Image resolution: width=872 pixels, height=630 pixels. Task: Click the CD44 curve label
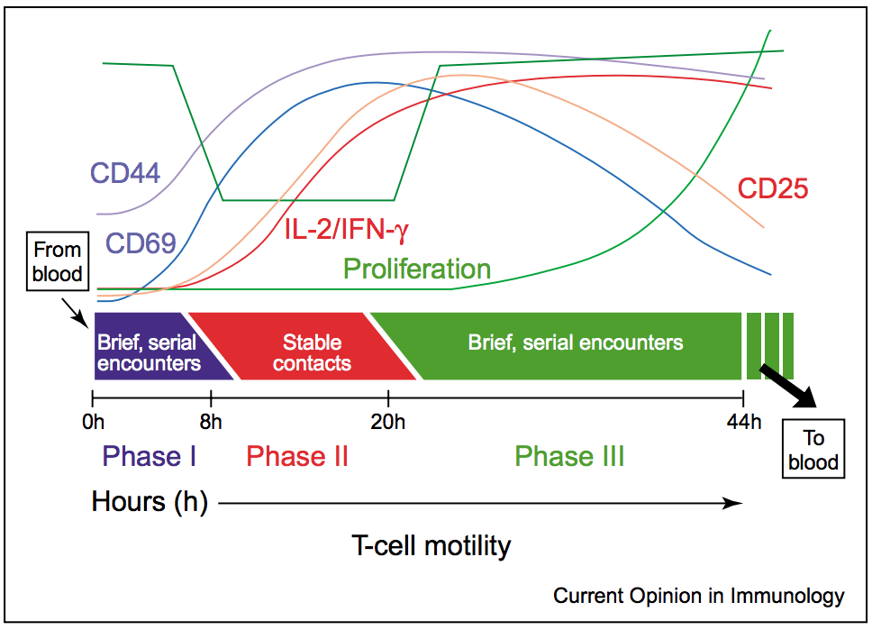(x=125, y=173)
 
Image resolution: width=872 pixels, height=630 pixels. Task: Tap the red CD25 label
(x=772, y=189)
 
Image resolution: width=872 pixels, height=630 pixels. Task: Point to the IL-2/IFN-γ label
(x=341, y=230)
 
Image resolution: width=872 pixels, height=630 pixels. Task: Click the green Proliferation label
(x=417, y=269)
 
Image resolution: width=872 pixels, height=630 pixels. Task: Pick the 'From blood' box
(x=58, y=261)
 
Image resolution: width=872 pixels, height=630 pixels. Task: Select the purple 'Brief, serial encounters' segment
(x=148, y=352)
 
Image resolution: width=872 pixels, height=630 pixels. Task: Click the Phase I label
(x=150, y=456)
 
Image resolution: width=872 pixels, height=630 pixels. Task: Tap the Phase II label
(x=297, y=456)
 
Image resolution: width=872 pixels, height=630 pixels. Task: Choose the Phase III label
(x=569, y=456)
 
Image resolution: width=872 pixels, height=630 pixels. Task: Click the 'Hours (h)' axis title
(x=150, y=502)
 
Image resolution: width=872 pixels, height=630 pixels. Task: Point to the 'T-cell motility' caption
(x=431, y=545)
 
